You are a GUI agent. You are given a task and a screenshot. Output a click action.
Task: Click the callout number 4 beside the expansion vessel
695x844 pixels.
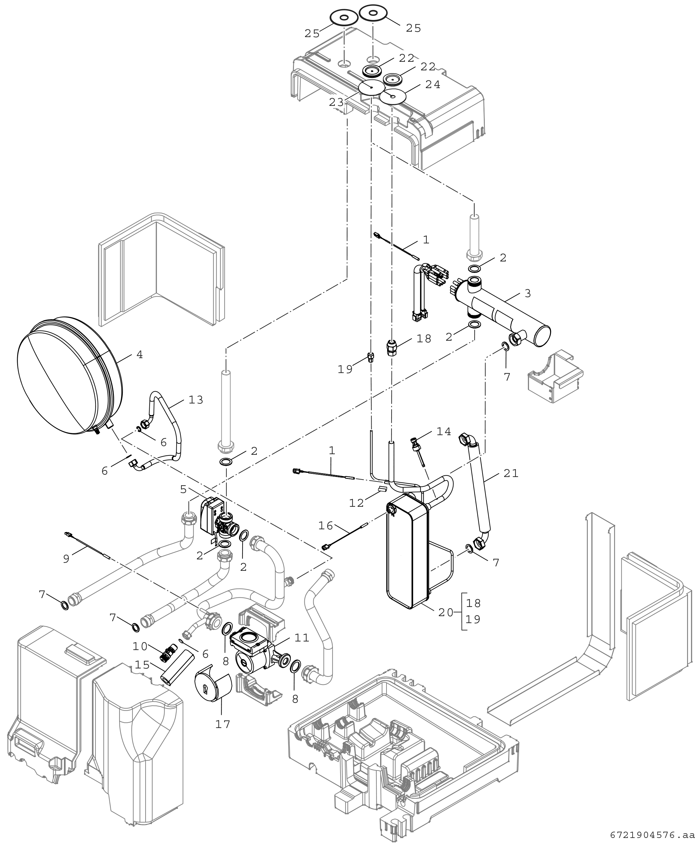coord(139,355)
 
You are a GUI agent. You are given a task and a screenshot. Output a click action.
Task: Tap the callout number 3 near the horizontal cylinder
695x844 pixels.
coord(528,293)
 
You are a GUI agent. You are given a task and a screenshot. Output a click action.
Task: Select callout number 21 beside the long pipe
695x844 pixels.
coord(511,474)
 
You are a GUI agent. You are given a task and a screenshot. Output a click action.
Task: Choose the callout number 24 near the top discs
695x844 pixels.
coord(433,85)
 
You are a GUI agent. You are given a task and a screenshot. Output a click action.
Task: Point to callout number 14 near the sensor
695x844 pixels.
coord(444,431)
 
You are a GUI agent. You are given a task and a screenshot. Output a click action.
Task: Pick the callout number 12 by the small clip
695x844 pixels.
coord(356,503)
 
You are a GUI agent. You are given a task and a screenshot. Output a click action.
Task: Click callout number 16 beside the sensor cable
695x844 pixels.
coord(326,525)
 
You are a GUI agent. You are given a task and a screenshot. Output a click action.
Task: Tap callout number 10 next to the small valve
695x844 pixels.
coord(140,646)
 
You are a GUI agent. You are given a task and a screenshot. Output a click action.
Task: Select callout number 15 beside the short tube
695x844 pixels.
coord(142,665)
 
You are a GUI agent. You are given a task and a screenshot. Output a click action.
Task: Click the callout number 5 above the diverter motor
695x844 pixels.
coord(183,489)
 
